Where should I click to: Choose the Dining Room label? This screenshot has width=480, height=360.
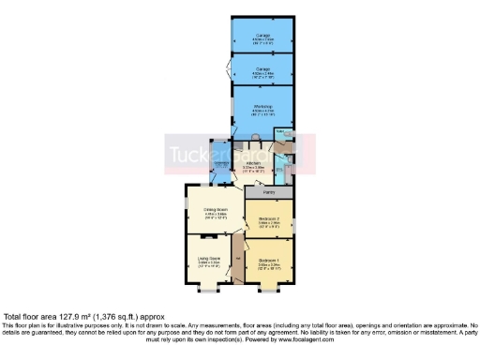[216, 208]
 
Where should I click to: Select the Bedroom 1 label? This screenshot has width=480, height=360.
[268, 258]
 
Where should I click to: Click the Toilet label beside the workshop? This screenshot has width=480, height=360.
[279, 133]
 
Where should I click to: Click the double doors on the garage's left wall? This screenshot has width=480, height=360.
[230, 67]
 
